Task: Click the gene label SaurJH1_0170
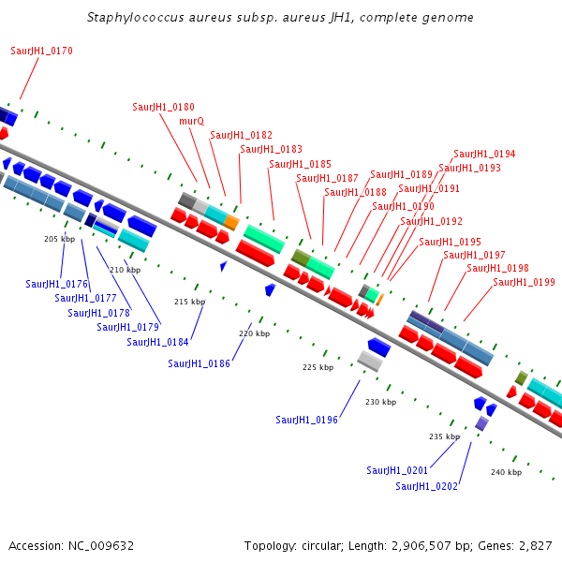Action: coord(41,51)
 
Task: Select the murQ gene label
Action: coord(192,121)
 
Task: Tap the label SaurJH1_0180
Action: coord(163,107)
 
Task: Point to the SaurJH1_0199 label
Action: coord(524,282)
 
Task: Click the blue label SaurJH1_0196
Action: coord(307,420)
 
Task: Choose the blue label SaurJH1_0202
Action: coord(426,486)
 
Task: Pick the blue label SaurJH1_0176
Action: coord(56,284)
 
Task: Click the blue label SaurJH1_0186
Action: coord(199,363)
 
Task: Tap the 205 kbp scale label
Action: coord(60,239)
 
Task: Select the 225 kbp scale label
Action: coord(318,367)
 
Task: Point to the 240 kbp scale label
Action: coord(506,472)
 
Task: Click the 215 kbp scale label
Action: coord(189,302)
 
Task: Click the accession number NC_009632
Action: coord(101,546)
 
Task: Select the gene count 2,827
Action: coord(536,546)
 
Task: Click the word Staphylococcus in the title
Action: coord(136,17)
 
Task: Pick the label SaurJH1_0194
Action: coord(484,154)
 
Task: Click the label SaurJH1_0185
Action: coord(301,164)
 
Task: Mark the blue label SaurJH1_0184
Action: coord(157,342)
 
